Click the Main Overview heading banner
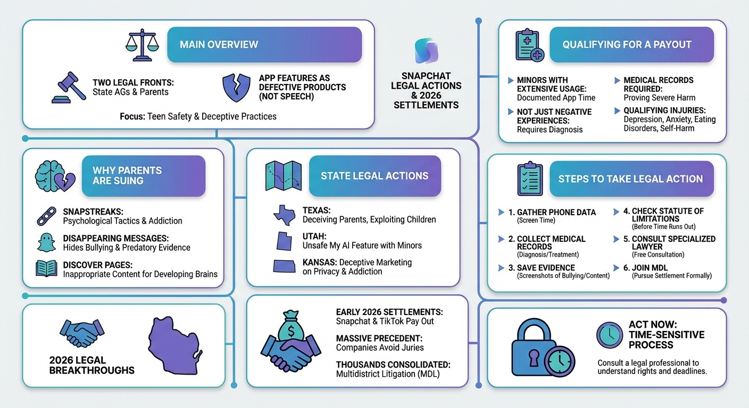(x=264, y=45)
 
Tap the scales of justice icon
(x=142, y=42)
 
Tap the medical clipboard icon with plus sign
(x=530, y=45)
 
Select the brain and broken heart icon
(x=55, y=175)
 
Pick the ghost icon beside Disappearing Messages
(x=46, y=243)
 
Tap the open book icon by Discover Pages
(x=46, y=268)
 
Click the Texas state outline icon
(x=284, y=215)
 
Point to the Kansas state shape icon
(x=285, y=265)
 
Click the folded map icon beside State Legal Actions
(x=284, y=176)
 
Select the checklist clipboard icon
(x=530, y=179)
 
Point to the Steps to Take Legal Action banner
(x=630, y=179)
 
